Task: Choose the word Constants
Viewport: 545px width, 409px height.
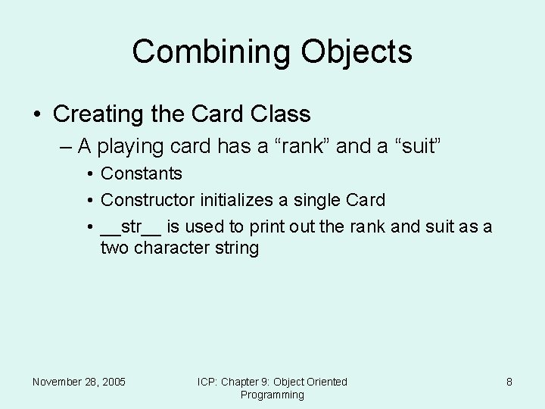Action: pyautogui.click(x=142, y=173)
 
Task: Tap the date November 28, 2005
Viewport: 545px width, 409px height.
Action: pyautogui.click(x=79, y=382)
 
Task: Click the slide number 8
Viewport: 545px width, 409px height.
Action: pyautogui.click(x=509, y=382)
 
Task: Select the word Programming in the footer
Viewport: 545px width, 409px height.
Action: pyautogui.click(x=272, y=395)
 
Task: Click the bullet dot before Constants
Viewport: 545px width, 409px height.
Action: pyautogui.click(x=90, y=174)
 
